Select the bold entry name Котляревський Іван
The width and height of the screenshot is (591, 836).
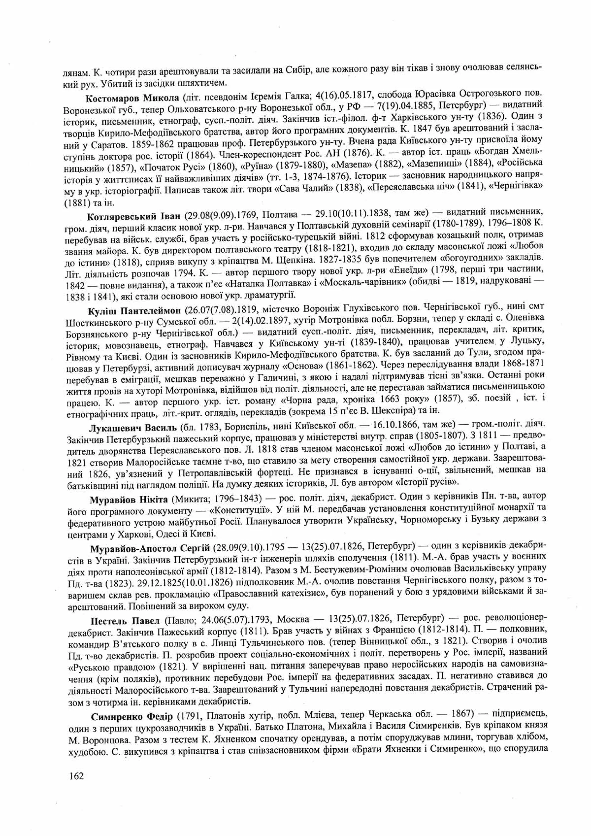click(134, 216)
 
